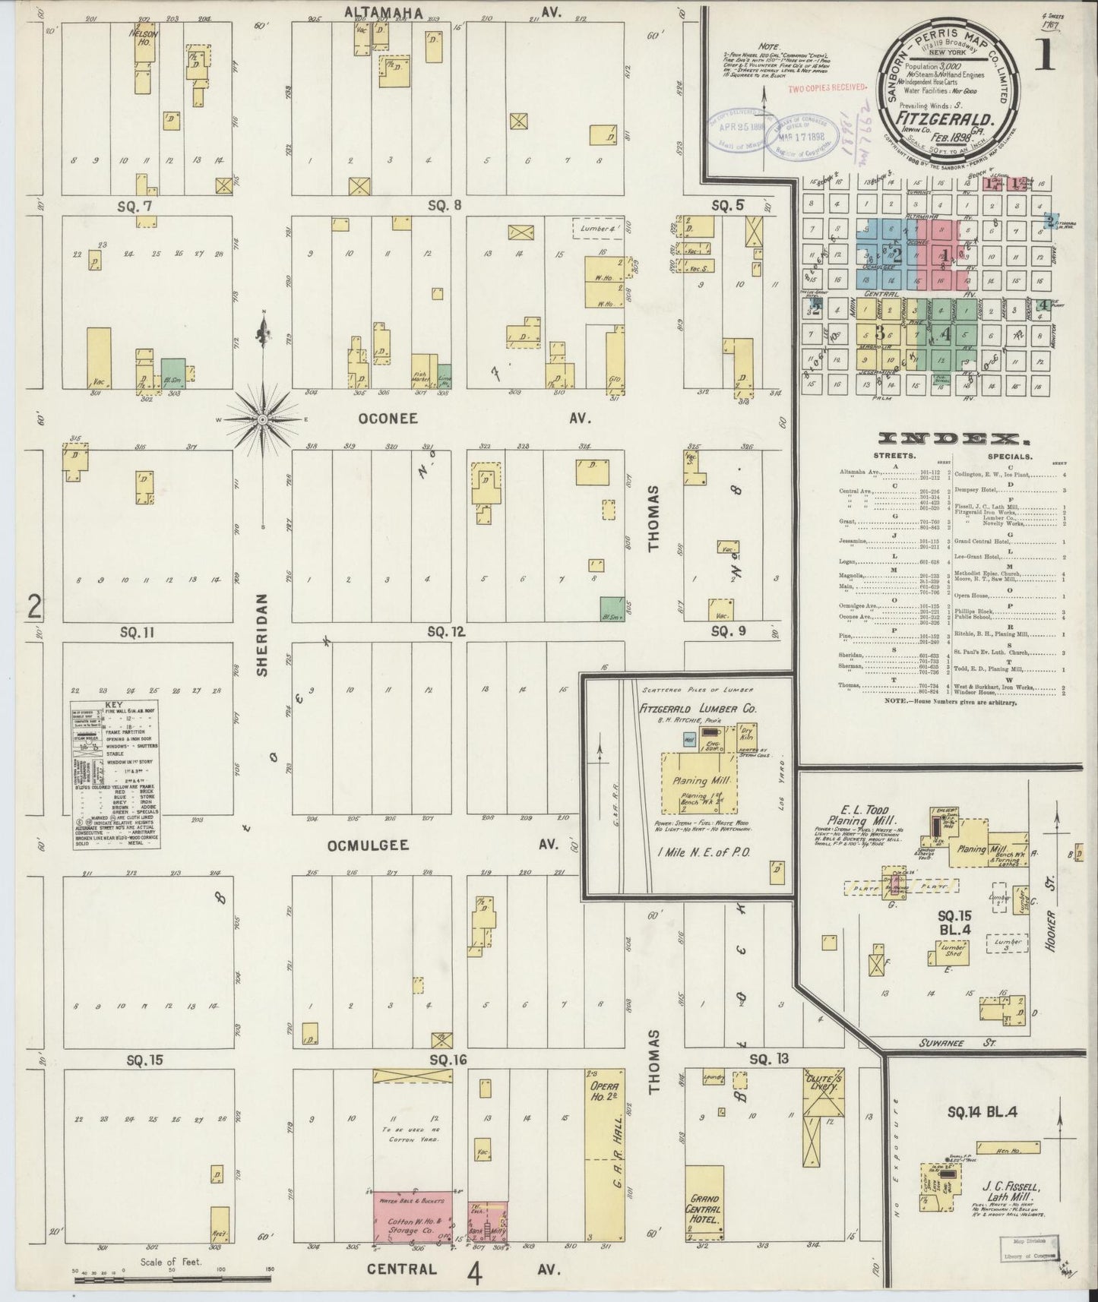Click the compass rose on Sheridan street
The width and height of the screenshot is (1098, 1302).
pyautogui.click(x=262, y=419)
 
